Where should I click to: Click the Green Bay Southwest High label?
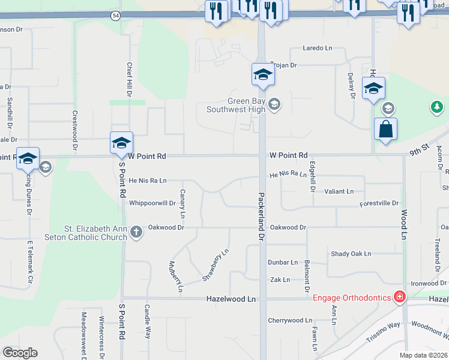[x=236, y=105]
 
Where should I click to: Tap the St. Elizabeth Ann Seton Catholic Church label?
[x=96, y=232]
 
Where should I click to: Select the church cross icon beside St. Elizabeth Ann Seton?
[x=136, y=232]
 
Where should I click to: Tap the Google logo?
[x=20, y=353]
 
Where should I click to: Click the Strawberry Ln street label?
[x=215, y=265]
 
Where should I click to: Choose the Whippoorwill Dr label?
[x=152, y=203]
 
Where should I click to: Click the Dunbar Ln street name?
[x=283, y=262]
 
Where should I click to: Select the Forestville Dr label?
[x=379, y=203]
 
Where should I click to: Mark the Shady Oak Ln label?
[x=351, y=254]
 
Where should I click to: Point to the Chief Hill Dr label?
[x=129, y=79]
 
